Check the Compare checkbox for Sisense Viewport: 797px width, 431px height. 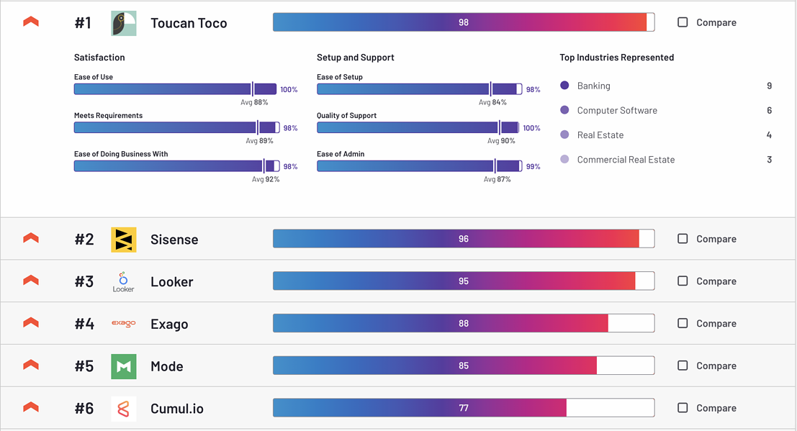683,239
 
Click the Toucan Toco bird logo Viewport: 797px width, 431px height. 123,23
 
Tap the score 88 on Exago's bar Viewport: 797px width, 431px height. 464,324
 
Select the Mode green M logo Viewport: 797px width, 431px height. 123,366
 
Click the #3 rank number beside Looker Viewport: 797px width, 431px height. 84,281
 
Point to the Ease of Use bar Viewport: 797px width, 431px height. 175,89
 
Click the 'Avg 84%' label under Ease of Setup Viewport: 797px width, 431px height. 492,102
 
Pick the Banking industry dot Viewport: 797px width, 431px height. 564,86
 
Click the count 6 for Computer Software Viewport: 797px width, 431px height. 769,110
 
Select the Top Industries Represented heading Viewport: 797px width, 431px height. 616,58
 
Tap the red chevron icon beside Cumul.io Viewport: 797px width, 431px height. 31,408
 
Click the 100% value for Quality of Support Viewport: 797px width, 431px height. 531,128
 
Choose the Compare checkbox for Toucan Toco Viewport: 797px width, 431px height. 683,22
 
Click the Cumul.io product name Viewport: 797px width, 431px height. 177,409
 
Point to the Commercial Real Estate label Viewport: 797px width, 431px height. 626,160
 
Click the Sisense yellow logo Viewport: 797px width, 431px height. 123,240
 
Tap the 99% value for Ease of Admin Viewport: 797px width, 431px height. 533,166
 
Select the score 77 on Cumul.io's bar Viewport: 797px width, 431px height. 464,408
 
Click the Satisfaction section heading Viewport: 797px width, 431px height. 99,58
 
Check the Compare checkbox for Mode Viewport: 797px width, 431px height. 683,366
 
